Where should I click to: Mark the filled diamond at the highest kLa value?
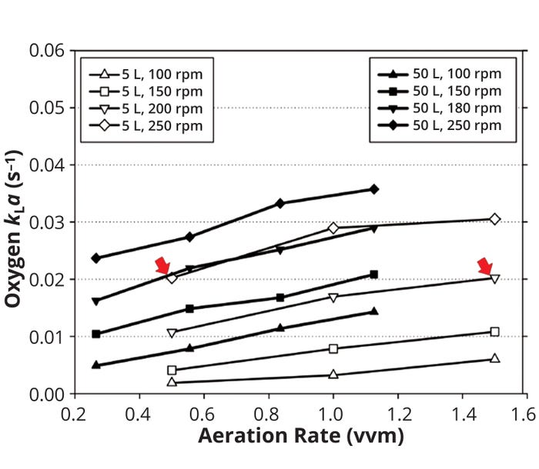pyautogui.click(x=374, y=189)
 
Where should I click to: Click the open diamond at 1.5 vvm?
pyautogui.click(x=494, y=219)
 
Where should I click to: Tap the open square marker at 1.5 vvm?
pyautogui.click(x=494, y=332)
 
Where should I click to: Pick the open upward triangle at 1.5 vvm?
pyautogui.click(x=494, y=358)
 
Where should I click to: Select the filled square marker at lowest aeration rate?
pyautogui.click(x=96, y=334)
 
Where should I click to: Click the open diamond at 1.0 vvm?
pyautogui.click(x=333, y=228)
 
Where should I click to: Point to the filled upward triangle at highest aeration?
pyautogui.click(x=374, y=311)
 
